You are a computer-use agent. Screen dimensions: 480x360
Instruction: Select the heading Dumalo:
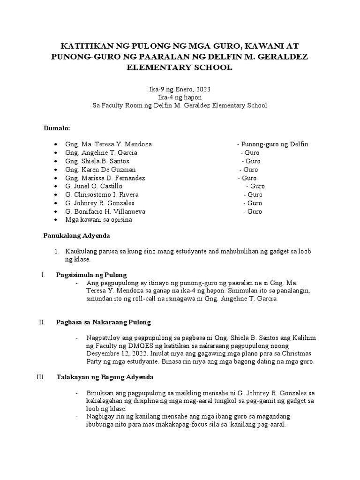coord(57,127)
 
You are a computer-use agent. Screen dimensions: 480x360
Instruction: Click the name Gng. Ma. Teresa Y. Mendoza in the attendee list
coord(109,144)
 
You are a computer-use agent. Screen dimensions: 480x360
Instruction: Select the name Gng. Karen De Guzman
coord(101,170)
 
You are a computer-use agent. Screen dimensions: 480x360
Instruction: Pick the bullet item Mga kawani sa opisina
coord(99,220)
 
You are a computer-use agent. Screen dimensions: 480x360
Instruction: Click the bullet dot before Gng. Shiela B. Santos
coord(56,162)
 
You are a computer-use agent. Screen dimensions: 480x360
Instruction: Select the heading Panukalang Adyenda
coord(76,236)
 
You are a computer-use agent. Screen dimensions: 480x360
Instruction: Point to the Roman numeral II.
coord(41,322)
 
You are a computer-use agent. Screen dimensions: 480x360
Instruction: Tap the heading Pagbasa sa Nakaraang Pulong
coord(104,322)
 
